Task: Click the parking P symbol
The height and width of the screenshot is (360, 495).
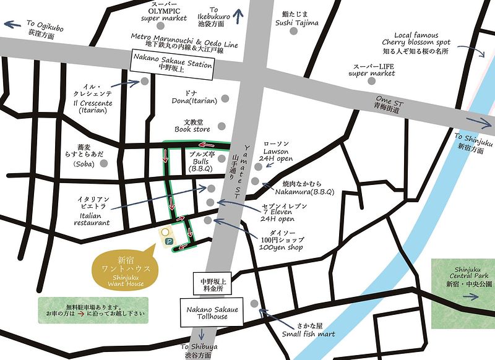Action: (167, 242)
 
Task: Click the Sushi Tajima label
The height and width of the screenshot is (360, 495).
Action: (297, 19)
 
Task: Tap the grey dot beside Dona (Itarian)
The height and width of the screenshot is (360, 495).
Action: (225, 98)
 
